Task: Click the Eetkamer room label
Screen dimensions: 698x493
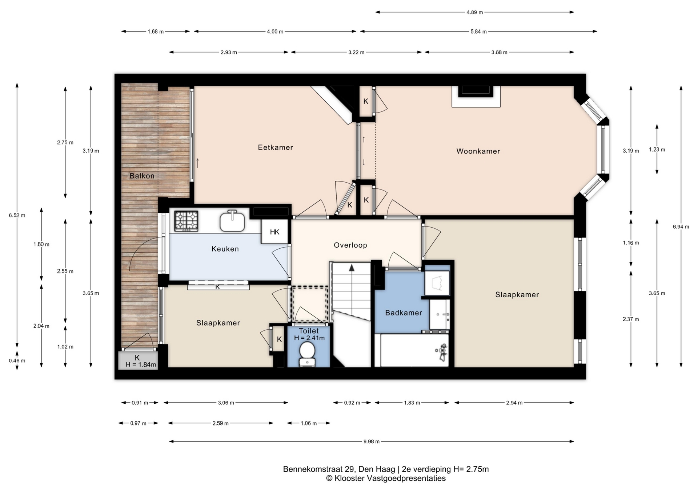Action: point(275,147)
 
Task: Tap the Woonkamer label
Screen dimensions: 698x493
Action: point(478,151)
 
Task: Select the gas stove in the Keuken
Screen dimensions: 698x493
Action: point(186,221)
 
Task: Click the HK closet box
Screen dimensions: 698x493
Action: point(275,232)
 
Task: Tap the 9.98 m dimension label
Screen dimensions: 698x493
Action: point(371,441)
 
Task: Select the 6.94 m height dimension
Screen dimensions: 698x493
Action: point(681,227)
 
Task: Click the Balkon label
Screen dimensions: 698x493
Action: point(142,176)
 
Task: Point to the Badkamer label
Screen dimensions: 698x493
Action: point(404,313)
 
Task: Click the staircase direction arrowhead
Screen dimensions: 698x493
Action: point(352,268)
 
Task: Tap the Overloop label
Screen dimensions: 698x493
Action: point(350,245)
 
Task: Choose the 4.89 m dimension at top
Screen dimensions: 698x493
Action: point(474,12)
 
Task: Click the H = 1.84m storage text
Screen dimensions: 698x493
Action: point(141,364)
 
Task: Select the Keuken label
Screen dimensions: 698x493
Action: point(225,249)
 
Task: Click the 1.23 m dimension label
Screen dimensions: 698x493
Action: point(657,150)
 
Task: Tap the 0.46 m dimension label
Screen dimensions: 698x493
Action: point(17,360)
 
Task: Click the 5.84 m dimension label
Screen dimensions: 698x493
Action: point(478,32)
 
